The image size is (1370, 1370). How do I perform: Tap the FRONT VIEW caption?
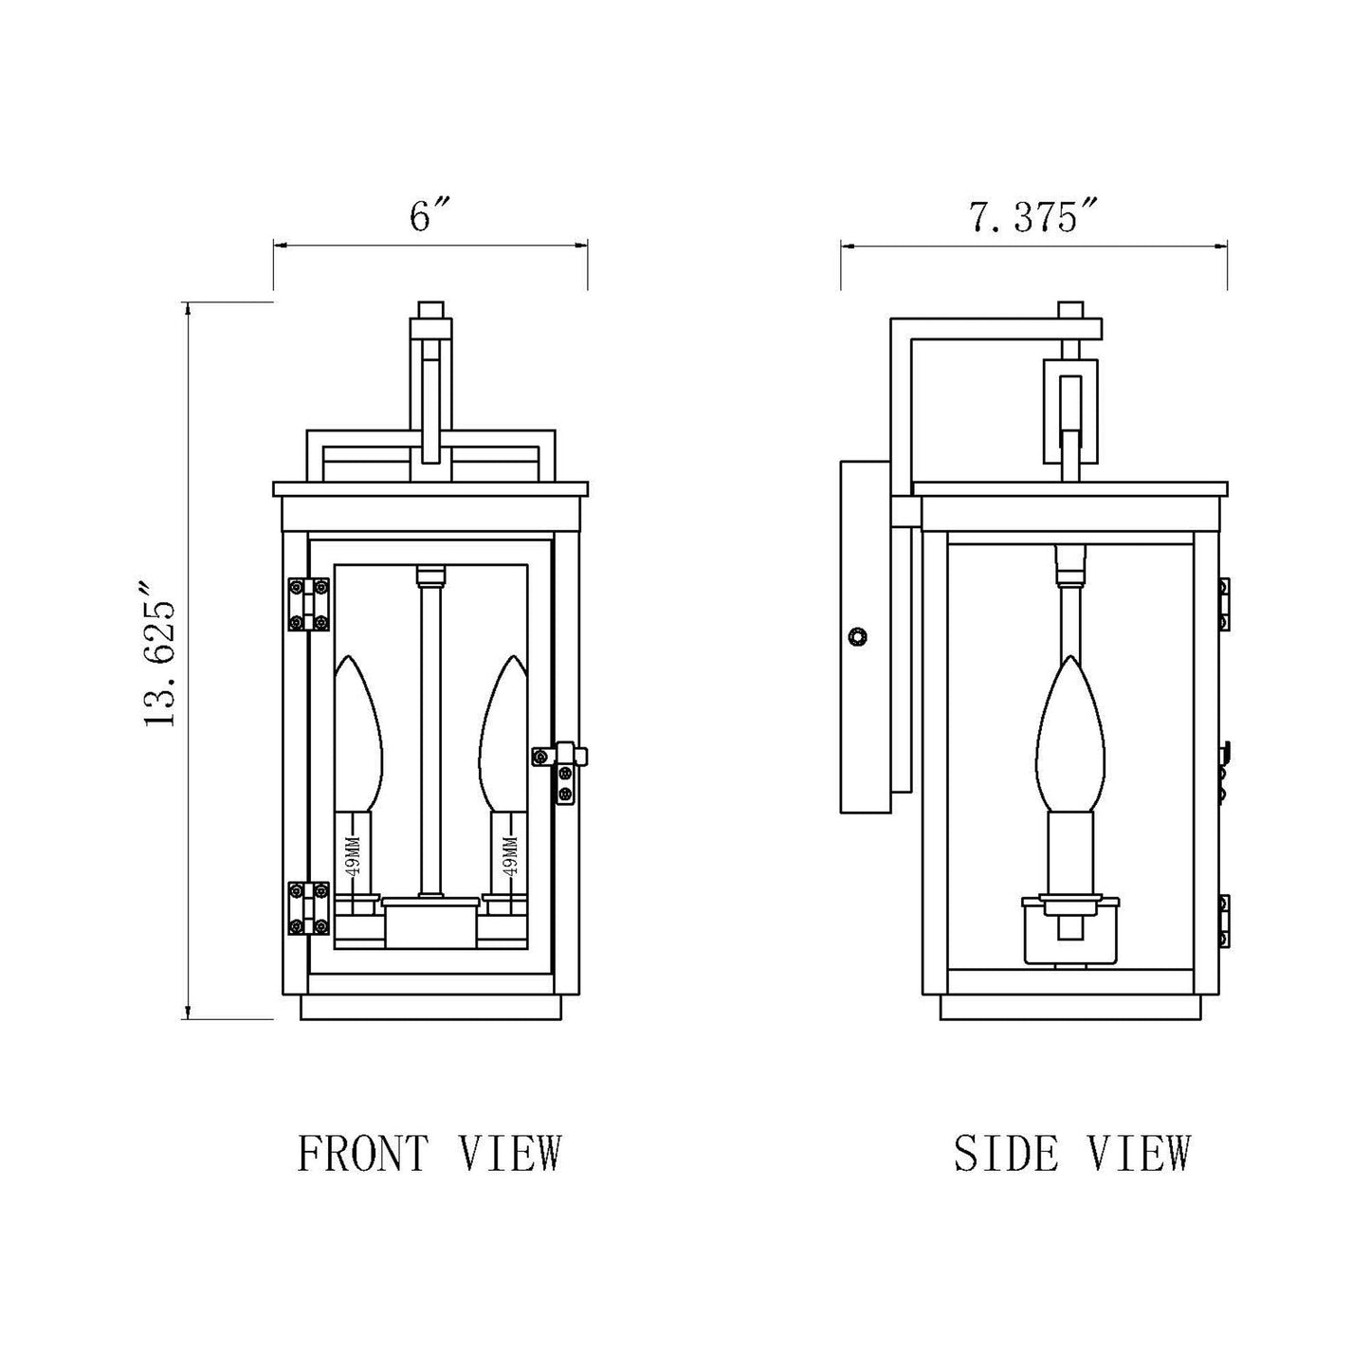point(429,1153)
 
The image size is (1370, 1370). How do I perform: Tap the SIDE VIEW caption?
point(1071,1153)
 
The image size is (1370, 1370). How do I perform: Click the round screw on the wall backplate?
point(858,636)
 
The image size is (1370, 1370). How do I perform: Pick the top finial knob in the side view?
point(1069,310)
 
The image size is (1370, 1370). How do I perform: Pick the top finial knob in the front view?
point(431,310)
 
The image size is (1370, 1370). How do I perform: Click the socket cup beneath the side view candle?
point(1069,929)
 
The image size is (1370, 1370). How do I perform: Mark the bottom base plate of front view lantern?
point(431,1007)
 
